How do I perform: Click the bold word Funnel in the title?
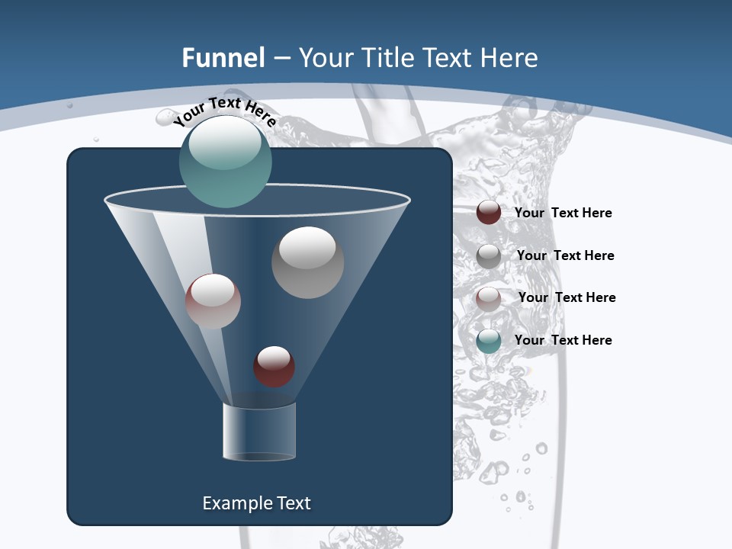[x=223, y=58]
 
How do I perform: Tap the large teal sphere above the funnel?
[x=225, y=162]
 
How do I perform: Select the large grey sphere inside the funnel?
[x=307, y=262]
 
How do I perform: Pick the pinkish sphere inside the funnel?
[x=213, y=301]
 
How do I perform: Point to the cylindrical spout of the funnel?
[x=258, y=432]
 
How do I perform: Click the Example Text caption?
[x=256, y=503]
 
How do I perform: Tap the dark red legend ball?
[x=489, y=213]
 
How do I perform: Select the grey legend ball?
[x=489, y=255]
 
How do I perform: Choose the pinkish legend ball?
[x=489, y=298]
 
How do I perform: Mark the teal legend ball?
[x=489, y=341]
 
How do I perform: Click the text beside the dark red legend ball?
[x=563, y=213]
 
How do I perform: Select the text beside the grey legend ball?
[x=565, y=256]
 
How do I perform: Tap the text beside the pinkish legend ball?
[x=567, y=298]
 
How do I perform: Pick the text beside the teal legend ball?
[x=563, y=340]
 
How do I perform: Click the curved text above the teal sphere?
[x=224, y=111]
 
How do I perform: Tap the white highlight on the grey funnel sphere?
[x=307, y=246]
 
